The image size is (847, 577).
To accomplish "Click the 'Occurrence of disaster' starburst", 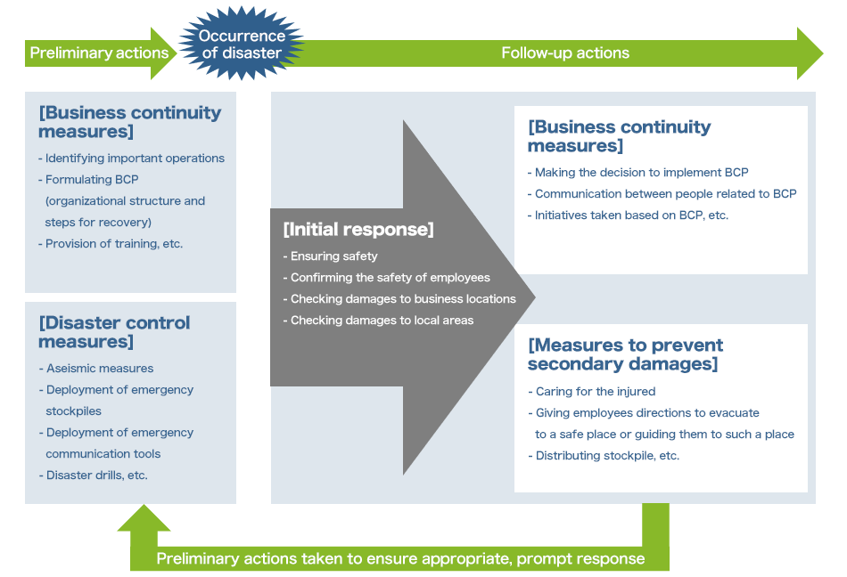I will click(x=242, y=45).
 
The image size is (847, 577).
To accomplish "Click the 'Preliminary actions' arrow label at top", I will click(x=99, y=53).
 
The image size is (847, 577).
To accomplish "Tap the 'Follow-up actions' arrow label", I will click(x=565, y=53).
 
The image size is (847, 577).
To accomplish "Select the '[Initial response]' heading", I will click(x=358, y=229).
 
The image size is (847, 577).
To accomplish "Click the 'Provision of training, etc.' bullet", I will click(x=111, y=243).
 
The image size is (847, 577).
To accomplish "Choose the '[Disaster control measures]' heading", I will click(x=114, y=331).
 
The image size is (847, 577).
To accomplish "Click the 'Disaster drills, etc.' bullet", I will click(x=94, y=475).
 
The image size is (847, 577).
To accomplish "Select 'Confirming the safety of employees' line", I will click(x=386, y=277).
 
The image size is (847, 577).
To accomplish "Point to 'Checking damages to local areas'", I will click(x=378, y=320).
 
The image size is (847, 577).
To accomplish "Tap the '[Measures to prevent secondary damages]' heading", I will click(x=625, y=354).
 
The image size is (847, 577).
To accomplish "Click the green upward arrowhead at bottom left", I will click(x=144, y=520).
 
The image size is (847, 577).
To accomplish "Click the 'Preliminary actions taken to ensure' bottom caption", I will click(x=400, y=558).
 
